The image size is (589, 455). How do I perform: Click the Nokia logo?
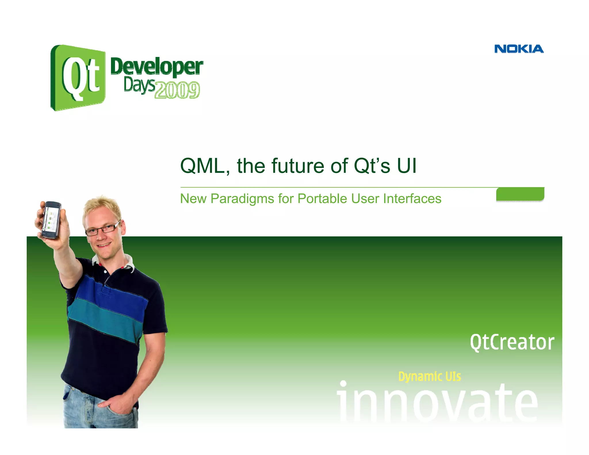(x=519, y=49)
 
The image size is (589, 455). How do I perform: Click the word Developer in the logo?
(x=156, y=66)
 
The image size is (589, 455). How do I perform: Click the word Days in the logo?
(x=139, y=85)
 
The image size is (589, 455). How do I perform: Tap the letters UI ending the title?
(x=407, y=166)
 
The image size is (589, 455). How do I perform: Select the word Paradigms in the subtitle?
(x=242, y=199)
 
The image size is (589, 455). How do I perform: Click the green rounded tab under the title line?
(x=520, y=194)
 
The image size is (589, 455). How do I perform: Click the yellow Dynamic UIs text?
(x=429, y=376)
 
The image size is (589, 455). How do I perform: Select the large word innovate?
(x=437, y=403)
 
